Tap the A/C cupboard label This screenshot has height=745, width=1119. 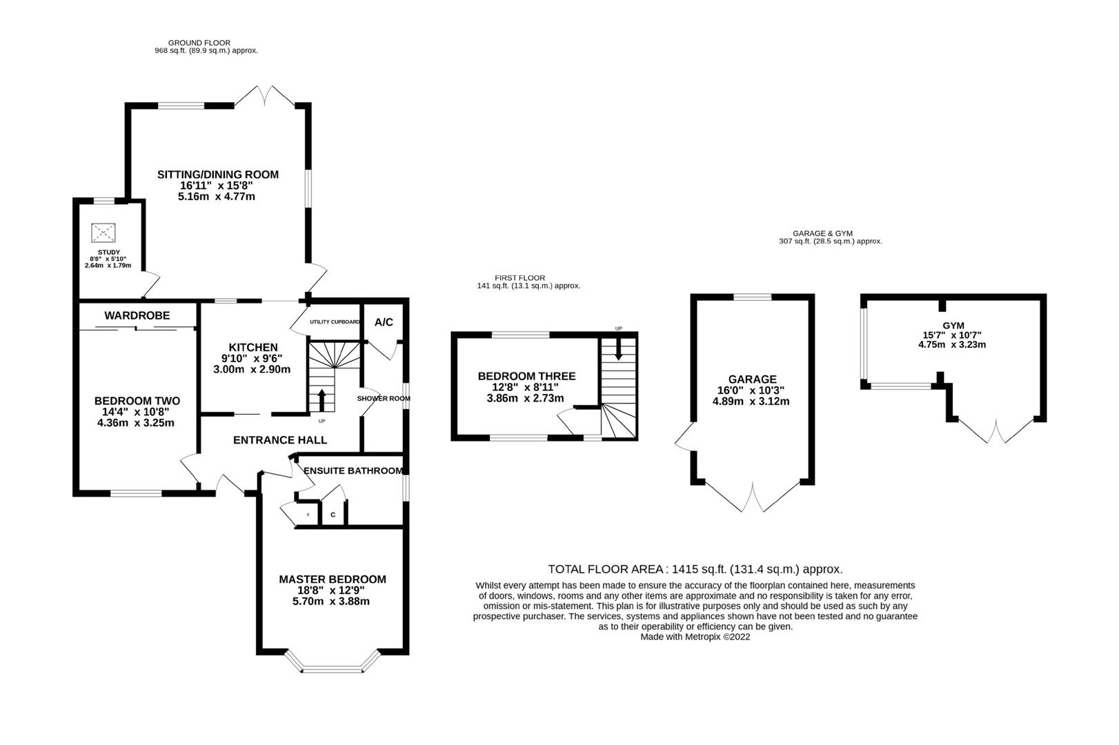pyautogui.click(x=384, y=322)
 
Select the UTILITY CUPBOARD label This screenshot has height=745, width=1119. pyautogui.click(x=335, y=322)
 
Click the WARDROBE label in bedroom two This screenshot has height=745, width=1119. pyautogui.click(x=137, y=315)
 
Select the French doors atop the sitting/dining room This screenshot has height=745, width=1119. pyautogui.click(x=265, y=97)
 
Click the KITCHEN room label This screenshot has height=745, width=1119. pyautogui.click(x=253, y=348)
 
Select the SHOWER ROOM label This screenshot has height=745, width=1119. pyautogui.click(x=383, y=398)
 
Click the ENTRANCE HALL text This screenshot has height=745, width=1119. pyautogui.click(x=280, y=440)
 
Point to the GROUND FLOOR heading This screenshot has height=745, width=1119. pyautogui.click(x=199, y=43)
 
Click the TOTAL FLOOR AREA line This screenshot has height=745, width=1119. pyautogui.click(x=695, y=569)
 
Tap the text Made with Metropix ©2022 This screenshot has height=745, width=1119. pyautogui.click(x=695, y=637)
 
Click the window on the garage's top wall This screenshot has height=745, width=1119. pyautogui.click(x=752, y=297)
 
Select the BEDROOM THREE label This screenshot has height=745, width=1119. pyautogui.click(x=526, y=376)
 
